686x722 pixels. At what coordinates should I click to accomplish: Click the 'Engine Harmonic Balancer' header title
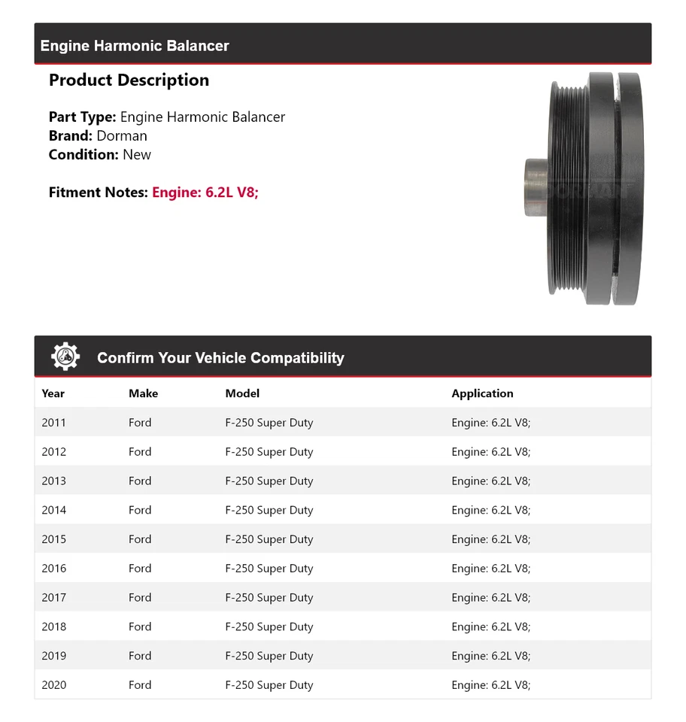135,46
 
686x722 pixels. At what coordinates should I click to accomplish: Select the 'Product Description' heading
129,80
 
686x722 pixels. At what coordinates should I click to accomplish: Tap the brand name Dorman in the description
122,136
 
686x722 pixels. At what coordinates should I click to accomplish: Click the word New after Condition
137,155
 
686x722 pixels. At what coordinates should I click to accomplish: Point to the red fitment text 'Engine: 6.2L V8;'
205,193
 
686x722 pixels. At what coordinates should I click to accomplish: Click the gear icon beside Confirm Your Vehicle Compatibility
65,356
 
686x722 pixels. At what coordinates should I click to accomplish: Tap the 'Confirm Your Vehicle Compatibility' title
220,358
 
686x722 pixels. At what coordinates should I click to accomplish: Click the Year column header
53,393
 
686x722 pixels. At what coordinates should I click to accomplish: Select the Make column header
143,393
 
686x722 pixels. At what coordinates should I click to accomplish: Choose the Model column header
242,393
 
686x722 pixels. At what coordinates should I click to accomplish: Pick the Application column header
482,393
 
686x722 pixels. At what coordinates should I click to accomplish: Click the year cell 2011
54,423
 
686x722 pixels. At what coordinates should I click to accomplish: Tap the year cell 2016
54,569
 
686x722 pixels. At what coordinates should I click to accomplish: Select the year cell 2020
54,685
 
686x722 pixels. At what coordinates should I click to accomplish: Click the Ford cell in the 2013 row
140,481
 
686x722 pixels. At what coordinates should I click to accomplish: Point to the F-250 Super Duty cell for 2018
269,627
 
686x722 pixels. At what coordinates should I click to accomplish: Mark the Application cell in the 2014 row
490,511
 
